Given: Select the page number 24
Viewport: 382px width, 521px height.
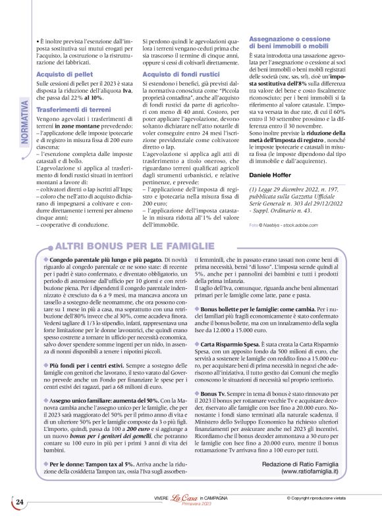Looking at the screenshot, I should [x=20, y=502].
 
